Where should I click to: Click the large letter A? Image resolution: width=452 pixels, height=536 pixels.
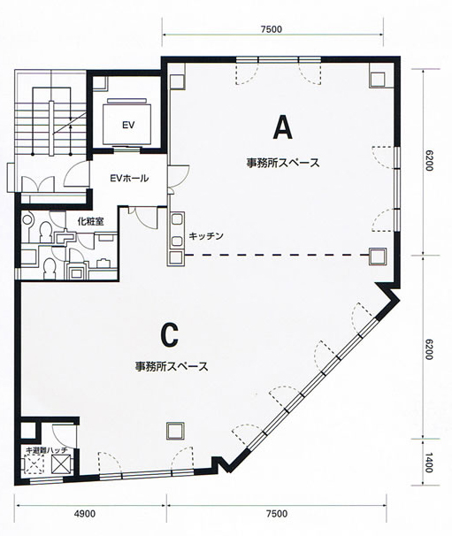coord(283,126)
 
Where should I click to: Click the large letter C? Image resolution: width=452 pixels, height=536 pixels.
coord(170,335)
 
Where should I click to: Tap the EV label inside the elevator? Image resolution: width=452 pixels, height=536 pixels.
coord(128,125)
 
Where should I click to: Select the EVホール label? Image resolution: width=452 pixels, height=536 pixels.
coord(129,178)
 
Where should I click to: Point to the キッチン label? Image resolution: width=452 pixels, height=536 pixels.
coord(206,236)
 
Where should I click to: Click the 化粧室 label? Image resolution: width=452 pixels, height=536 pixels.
coord(90,221)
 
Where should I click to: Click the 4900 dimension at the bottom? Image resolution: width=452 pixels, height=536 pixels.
coord(84,513)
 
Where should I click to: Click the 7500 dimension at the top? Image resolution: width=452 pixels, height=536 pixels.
coord(272,29)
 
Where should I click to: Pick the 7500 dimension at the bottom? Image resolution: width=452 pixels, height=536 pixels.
coord(277,513)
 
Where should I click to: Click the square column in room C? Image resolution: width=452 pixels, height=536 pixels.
coord(175,431)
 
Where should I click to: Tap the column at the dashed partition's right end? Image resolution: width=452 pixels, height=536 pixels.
coord(378,256)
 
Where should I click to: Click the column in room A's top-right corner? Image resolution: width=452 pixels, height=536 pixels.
coord(377,80)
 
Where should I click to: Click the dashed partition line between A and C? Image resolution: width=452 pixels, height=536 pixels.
coord(277,255)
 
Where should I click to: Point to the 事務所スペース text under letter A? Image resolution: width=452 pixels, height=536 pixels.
coord(283,163)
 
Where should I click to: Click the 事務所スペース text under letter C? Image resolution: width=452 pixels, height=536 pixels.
coord(172,366)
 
